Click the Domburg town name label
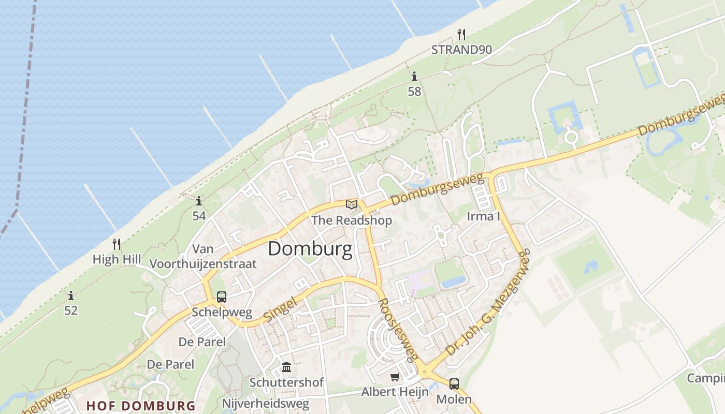[310, 249]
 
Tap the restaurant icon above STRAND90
[461, 35]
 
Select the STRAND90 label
[461, 50]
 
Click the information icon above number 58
[414, 77]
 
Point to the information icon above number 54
[199, 201]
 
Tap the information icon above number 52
[71, 295]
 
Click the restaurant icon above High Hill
[117, 244]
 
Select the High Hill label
[117, 259]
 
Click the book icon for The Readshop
[352, 204]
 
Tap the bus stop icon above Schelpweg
[222, 297]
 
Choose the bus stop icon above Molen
[454, 383]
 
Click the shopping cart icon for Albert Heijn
[395, 377]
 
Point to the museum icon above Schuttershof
[286, 367]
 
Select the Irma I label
[483, 216]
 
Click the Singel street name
[280, 309]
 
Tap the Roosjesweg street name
[398, 330]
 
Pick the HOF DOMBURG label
[141, 406]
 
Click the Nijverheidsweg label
[266, 403]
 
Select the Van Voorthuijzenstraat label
[203, 256]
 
